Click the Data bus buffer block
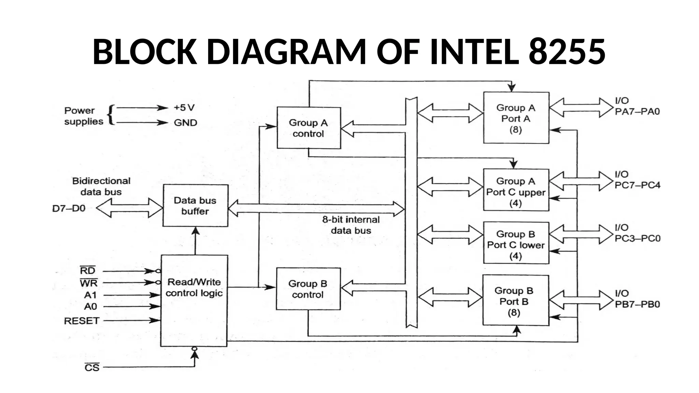point(195,206)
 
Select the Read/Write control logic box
point(194,300)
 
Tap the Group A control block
point(309,128)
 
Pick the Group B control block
point(308,289)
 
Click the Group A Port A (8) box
point(516,118)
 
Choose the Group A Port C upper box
point(516,190)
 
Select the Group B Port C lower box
point(516,243)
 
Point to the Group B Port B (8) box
point(515,301)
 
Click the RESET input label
point(82,321)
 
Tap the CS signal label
point(92,368)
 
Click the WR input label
point(89,283)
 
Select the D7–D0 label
point(69,208)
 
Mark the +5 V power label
point(184,108)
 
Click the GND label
point(185,122)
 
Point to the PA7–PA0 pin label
point(637,112)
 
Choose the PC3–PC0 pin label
point(637,238)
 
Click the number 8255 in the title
point(567,52)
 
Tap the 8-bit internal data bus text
point(351,225)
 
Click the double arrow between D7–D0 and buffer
point(129,208)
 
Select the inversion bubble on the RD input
point(158,271)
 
